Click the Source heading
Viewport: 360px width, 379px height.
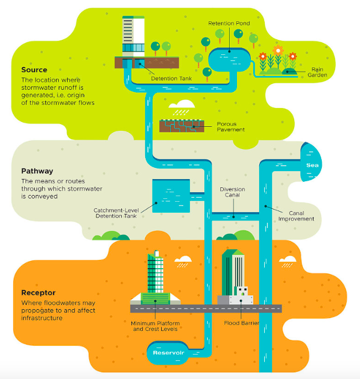click(34, 70)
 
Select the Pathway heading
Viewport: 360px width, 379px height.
click(38, 171)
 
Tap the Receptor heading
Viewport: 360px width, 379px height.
click(38, 293)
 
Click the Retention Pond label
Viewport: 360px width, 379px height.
click(229, 23)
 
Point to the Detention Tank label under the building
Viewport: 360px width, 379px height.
click(171, 79)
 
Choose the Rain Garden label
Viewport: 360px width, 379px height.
click(318, 72)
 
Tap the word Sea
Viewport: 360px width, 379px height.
click(312, 165)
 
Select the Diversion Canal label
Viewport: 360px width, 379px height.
click(232, 192)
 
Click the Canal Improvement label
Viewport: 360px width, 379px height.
click(296, 216)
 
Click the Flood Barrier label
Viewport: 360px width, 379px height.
click(242, 322)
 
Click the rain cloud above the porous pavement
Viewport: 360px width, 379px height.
click(181, 105)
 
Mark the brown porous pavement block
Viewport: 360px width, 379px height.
click(179, 126)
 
